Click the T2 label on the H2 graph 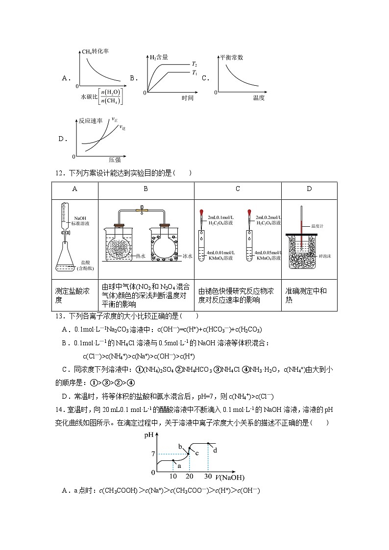(x=194, y=64)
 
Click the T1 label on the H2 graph (x=194, y=72)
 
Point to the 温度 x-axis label (x=259, y=98)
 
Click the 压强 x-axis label (x=114, y=160)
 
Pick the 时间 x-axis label (x=187, y=98)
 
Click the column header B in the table (x=146, y=189)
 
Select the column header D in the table (x=309, y=189)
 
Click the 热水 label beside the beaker (x=142, y=255)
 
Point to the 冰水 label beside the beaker (x=187, y=255)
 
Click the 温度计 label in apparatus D (x=318, y=226)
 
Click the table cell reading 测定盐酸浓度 (x=73, y=295)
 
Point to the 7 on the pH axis (x=153, y=454)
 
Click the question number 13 (x=59, y=316)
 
